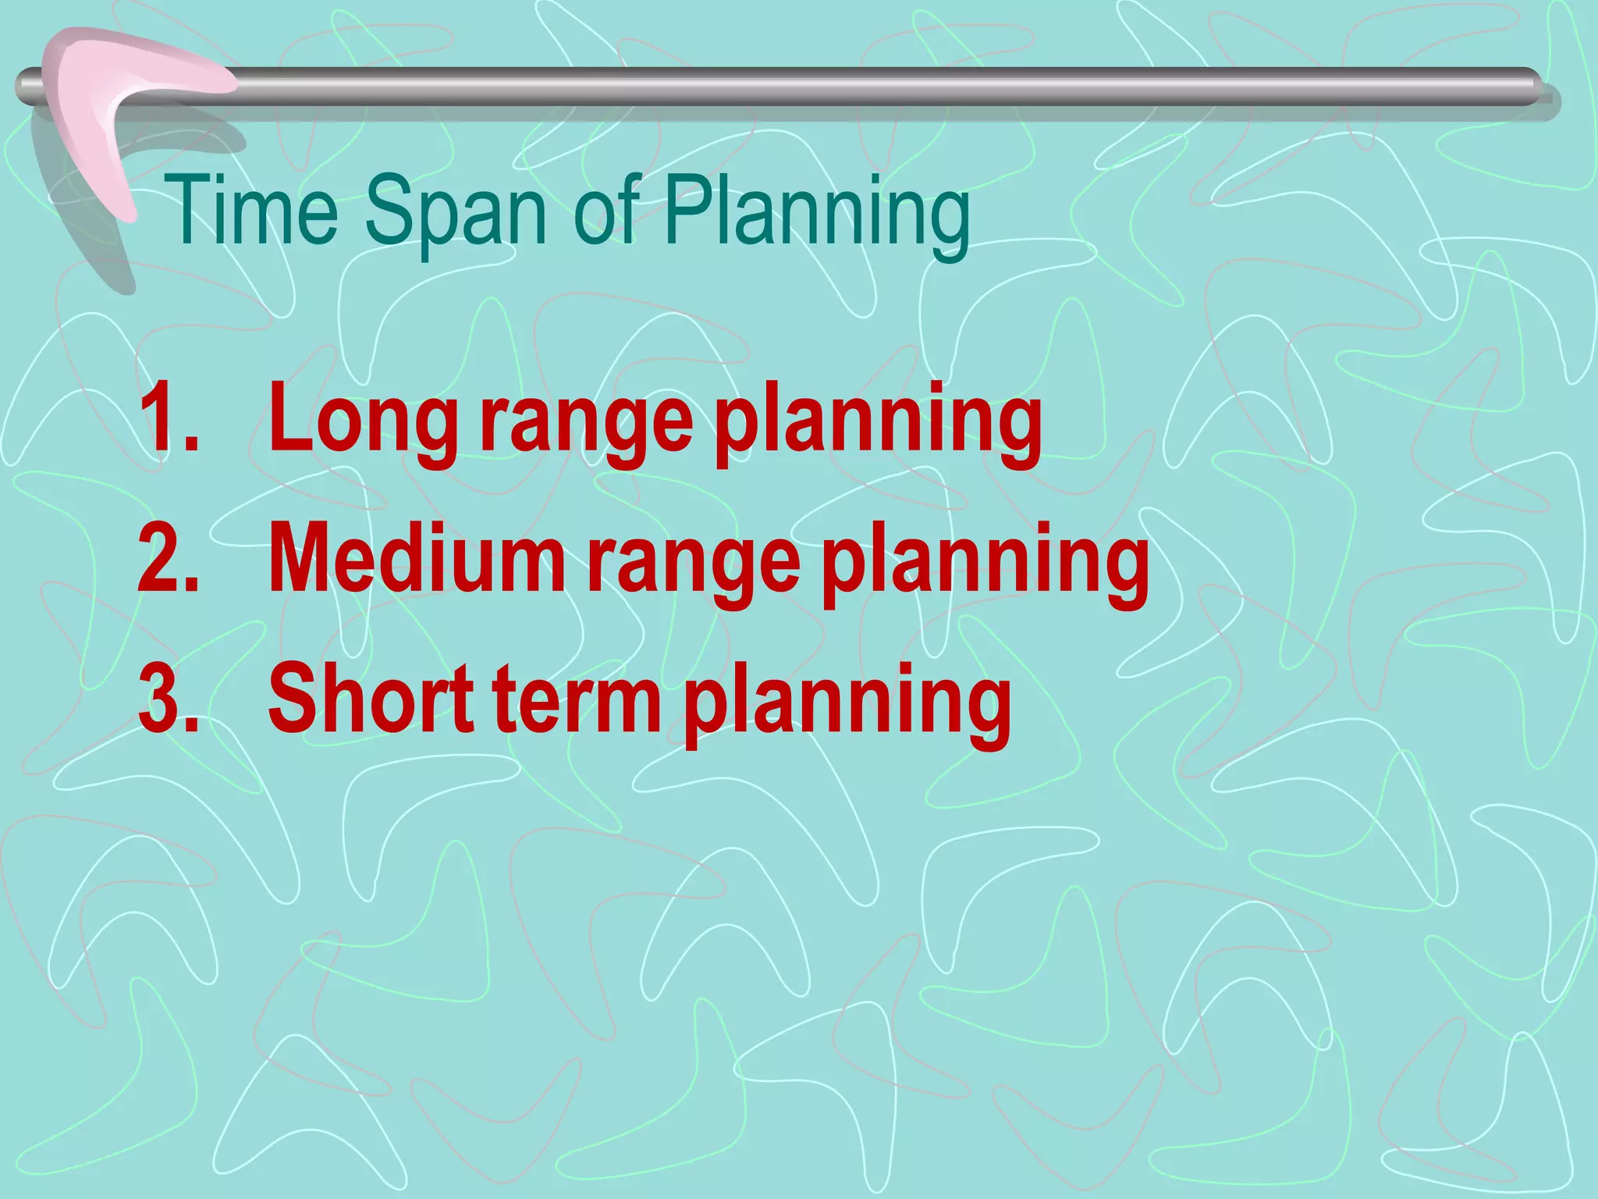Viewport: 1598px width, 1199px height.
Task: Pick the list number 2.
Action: pos(168,557)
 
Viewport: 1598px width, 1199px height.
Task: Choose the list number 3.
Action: pos(168,698)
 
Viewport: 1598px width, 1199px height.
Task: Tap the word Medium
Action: pos(417,557)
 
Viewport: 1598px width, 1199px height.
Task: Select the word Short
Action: pos(370,698)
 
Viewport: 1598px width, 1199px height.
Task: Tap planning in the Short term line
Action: pos(847,703)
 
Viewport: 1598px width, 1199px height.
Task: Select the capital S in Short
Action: pos(293,696)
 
